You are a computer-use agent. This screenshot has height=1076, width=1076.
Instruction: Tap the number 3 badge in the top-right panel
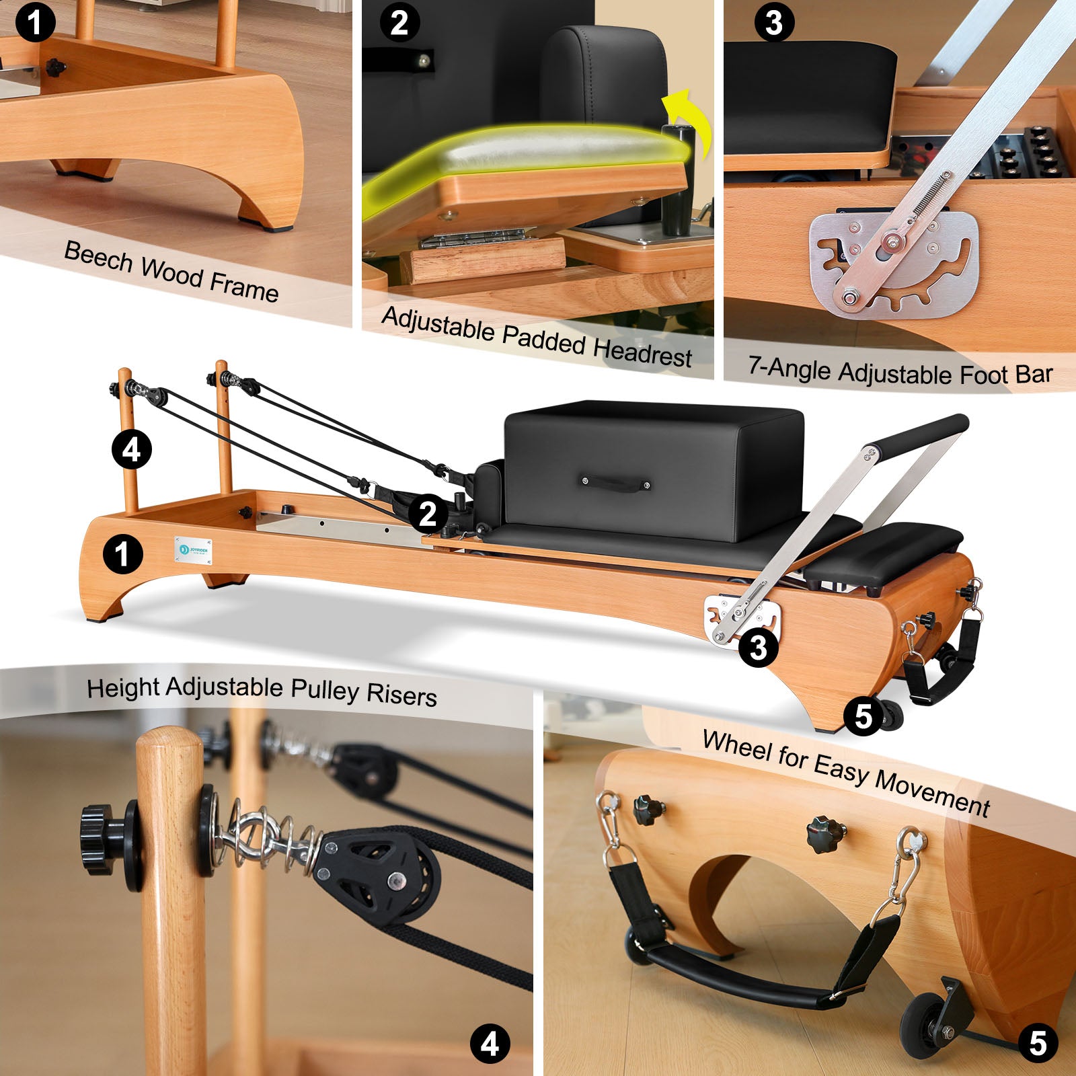[x=773, y=23]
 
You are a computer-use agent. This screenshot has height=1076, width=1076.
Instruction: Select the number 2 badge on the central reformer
[x=428, y=514]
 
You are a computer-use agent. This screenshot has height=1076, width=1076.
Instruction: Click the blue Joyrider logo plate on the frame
[x=193, y=549]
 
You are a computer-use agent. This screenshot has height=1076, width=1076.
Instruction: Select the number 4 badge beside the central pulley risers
[x=131, y=449]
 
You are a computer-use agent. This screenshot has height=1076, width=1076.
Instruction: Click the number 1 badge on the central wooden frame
[x=122, y=555]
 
